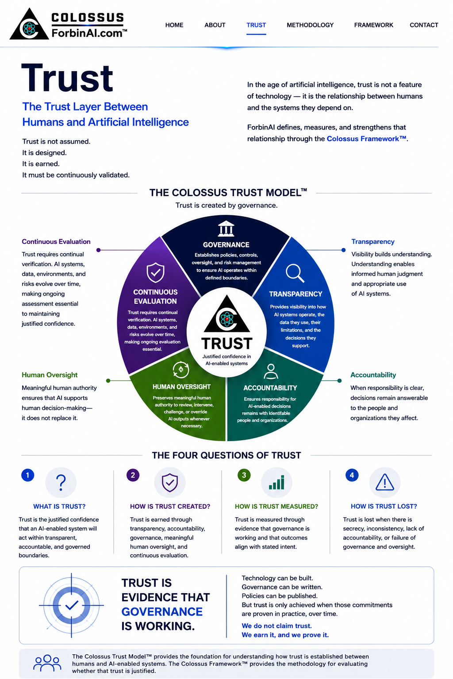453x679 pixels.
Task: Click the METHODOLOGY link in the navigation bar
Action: [x=310, y=25]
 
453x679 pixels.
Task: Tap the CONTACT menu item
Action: [x=423, y=25]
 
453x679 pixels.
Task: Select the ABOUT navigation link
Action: [x=215, y=25]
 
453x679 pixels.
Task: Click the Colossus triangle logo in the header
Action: [x=29, y=24]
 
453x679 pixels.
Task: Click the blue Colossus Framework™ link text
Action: [x=367, y=139]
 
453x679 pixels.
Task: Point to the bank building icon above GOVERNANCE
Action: [x=226, y=229]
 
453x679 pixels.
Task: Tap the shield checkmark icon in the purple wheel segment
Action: [x=155, y=272]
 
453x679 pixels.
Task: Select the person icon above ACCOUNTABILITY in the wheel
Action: [x=271, y=371]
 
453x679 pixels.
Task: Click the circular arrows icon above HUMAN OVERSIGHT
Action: [x=181, y=370]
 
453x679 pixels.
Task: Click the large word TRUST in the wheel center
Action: [x=226, y=344]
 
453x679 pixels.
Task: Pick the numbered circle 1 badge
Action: [x=27, y=475]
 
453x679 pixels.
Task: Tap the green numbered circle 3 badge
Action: [x=244, y=475]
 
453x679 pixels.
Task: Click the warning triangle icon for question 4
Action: [x=384, y=482]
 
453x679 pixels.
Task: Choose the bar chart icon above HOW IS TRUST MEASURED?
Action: [x=276, y=482]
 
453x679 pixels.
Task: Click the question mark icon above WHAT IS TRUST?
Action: [x=61, y=482]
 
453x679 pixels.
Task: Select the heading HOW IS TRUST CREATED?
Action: [x=170, y=506]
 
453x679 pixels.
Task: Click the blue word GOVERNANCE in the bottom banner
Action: [x=162, y=612]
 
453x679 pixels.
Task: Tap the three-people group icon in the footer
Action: [x=47, y=663]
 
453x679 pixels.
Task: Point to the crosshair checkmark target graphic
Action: [x=71, y=605]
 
